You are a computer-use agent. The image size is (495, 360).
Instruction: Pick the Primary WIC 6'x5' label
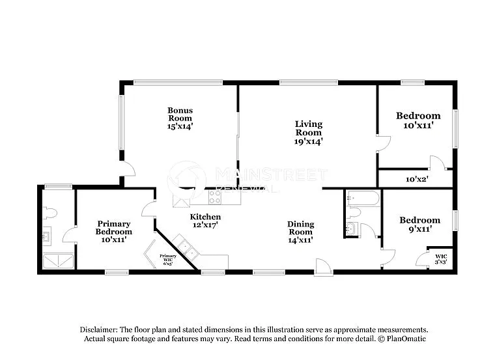(167, 258)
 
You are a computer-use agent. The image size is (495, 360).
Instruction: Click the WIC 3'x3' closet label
(441, 258)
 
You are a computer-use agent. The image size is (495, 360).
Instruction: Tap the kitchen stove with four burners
(215, 196)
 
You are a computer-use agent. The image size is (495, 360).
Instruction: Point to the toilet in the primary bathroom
(49, 213)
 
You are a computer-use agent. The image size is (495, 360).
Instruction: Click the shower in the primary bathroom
(59, 261)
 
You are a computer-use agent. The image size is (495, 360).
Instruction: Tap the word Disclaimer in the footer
(100, 329)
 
